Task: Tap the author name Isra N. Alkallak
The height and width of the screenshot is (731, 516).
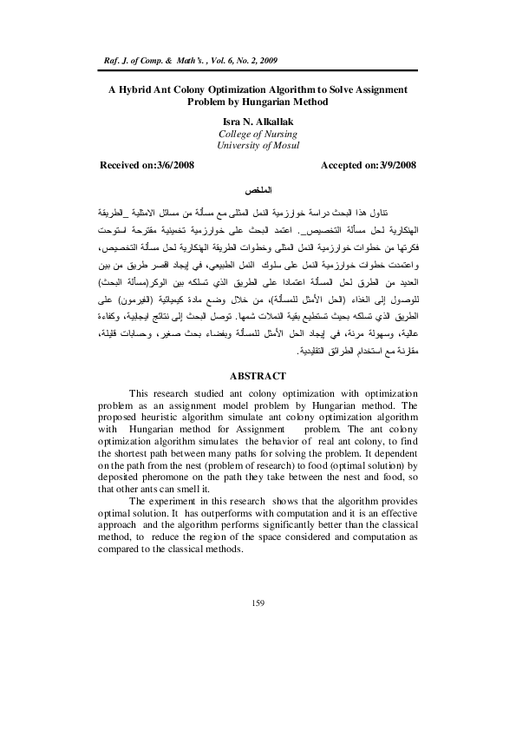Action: (x=257, y=121)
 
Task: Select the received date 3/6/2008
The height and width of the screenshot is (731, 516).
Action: (x=180, y=164)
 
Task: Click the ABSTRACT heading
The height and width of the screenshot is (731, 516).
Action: (x=257, y=399)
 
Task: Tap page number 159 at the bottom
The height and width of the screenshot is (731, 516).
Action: (x=257, y=603)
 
